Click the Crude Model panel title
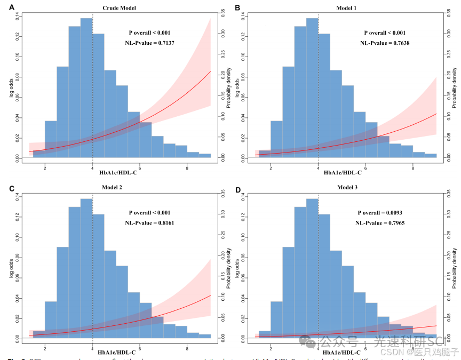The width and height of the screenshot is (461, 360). click(119, 8)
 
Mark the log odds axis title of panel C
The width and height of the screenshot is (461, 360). click(10, 268)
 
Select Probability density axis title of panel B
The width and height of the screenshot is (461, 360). click(455, 87)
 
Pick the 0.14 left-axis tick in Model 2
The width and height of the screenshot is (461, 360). click(17, 197)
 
